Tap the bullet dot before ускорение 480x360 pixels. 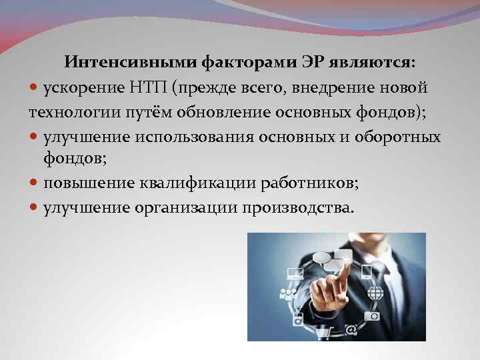pos(35,88)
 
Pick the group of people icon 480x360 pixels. pos(289,294)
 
